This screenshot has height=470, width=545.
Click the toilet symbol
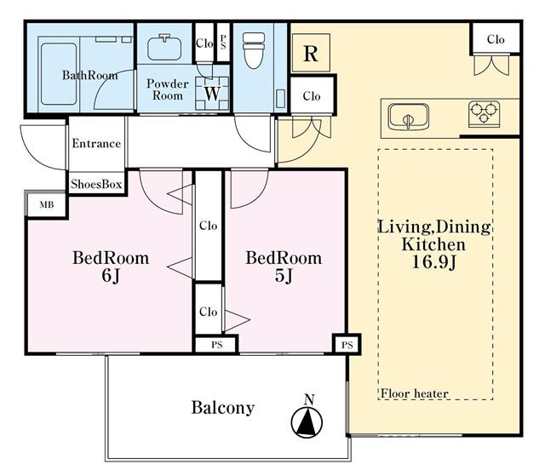coord(254,50)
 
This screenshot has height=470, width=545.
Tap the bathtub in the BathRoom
coord(59,74)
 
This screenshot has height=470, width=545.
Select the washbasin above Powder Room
coord(164,48)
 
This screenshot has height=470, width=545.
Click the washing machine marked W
coord(212,93)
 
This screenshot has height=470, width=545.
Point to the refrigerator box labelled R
coord(311,53)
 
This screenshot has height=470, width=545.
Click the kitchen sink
coord(409,117)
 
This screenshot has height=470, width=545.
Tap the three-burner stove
coord(484,114)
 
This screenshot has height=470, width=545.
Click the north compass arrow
coord(307,418)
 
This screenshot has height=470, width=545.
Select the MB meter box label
coord(47,204)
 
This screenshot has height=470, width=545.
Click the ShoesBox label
coord(96,184)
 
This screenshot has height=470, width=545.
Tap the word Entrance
coord(96,143)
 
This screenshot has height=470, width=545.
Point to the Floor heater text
coord(415,393)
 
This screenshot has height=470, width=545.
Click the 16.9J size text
coord(433,262)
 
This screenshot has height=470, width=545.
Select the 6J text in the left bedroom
coord(111,276)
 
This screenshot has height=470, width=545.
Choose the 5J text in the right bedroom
coord(284,276)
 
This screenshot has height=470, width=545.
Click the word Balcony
coord(223,408)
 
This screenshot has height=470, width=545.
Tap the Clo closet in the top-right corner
coord(496,39)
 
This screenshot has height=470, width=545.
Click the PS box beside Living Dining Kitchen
coord(347,345)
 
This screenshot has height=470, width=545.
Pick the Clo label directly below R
coord(311,96)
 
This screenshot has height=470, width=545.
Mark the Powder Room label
coord(168,89)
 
